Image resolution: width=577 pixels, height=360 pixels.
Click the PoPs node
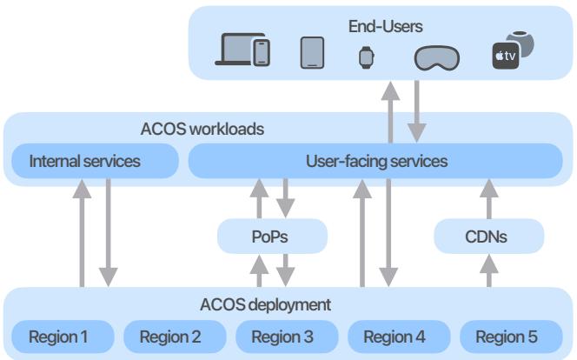click(x=272, y=235)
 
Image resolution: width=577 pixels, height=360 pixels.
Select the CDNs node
click(x=487, y=235)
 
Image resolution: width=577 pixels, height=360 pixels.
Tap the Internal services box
click(x=84, y=161)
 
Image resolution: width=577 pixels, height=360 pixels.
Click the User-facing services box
click(x=376, y=161)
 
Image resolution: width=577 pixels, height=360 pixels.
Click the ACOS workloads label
click(x=202, y=130)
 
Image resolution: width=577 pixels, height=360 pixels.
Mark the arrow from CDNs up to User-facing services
click(x=487, y=199)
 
